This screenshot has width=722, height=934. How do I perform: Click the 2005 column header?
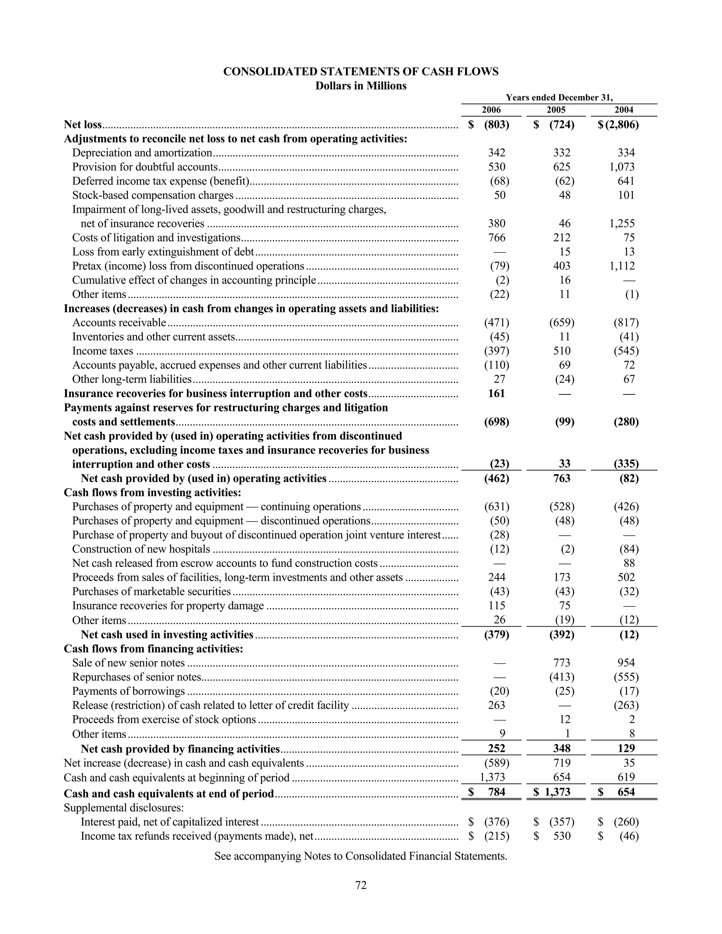coord(556,110)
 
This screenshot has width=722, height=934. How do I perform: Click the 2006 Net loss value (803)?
coord(496,124)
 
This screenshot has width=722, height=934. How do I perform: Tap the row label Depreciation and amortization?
coord(142,153)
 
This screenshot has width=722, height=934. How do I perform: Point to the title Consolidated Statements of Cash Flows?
coord(361,72)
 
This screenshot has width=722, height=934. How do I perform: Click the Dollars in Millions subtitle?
coord(361,86)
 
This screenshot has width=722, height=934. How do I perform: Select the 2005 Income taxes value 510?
coord(562,351)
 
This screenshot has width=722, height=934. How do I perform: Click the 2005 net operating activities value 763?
coord(562,478)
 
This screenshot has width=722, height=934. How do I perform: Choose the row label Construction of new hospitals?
coord(141,549)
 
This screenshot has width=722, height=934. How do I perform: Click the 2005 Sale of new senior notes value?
coord(562,663)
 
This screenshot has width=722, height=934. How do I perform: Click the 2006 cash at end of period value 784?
coord(496,792)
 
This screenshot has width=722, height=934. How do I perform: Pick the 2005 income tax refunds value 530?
coord(562,836)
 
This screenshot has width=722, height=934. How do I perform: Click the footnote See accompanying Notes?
coord(361,856)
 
